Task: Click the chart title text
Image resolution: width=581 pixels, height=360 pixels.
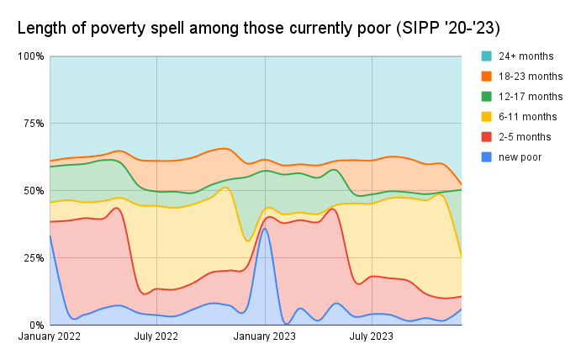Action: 259,28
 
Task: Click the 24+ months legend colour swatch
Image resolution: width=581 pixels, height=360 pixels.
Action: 487,56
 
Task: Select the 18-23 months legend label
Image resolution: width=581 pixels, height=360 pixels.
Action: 530,77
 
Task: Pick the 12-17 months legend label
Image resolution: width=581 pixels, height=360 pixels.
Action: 530,97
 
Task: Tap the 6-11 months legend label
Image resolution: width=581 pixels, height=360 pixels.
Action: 527,117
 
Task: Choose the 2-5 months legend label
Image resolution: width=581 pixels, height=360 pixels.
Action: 525,137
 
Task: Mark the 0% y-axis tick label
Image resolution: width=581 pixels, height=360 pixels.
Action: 37,326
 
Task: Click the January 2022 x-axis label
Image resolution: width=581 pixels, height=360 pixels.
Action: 50,337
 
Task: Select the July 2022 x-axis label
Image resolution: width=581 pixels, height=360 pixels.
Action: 157,337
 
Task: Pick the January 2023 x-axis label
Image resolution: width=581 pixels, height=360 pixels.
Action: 265,337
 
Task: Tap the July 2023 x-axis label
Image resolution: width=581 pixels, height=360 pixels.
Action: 372,337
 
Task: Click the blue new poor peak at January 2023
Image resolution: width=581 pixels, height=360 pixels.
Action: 265,229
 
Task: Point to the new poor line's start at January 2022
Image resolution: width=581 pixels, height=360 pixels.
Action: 50,236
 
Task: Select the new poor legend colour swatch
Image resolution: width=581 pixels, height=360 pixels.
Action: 487,157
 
